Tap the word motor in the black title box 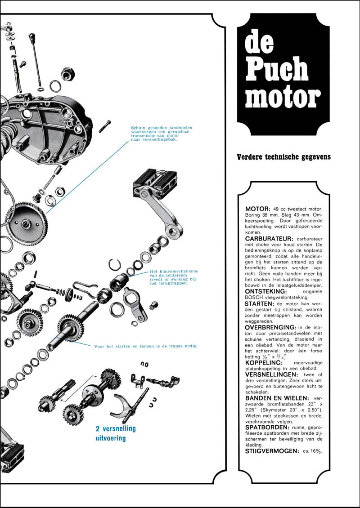[x=283, y=96]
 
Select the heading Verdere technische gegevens [x=284, y=157]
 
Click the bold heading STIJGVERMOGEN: [x=272, y=451]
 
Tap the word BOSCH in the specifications [x=252, y=297]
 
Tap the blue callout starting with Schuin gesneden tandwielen [x=156, y=134]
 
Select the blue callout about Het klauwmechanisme [x=174, y=277]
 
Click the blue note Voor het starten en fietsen [x=146, y=346]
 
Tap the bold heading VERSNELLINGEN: [x=272, y=375]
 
